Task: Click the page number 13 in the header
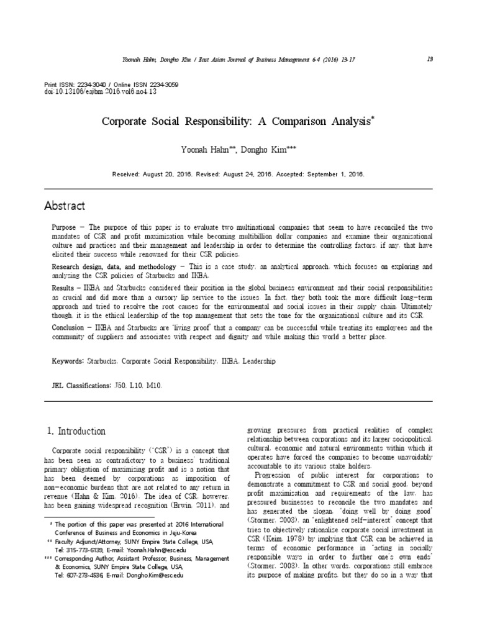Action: (x=430, y=59)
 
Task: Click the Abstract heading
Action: (x=65, y=206)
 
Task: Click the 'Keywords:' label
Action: (x=68, y=360)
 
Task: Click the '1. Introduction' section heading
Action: (x=76, y=431)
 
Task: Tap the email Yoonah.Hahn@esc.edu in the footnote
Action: (x=149, y=550)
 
